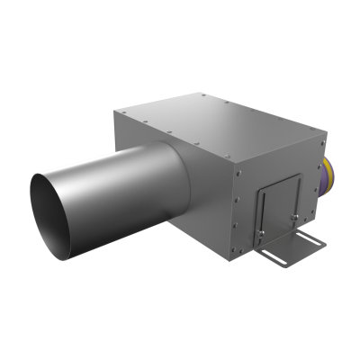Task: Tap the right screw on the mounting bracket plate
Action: (301, 216)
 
